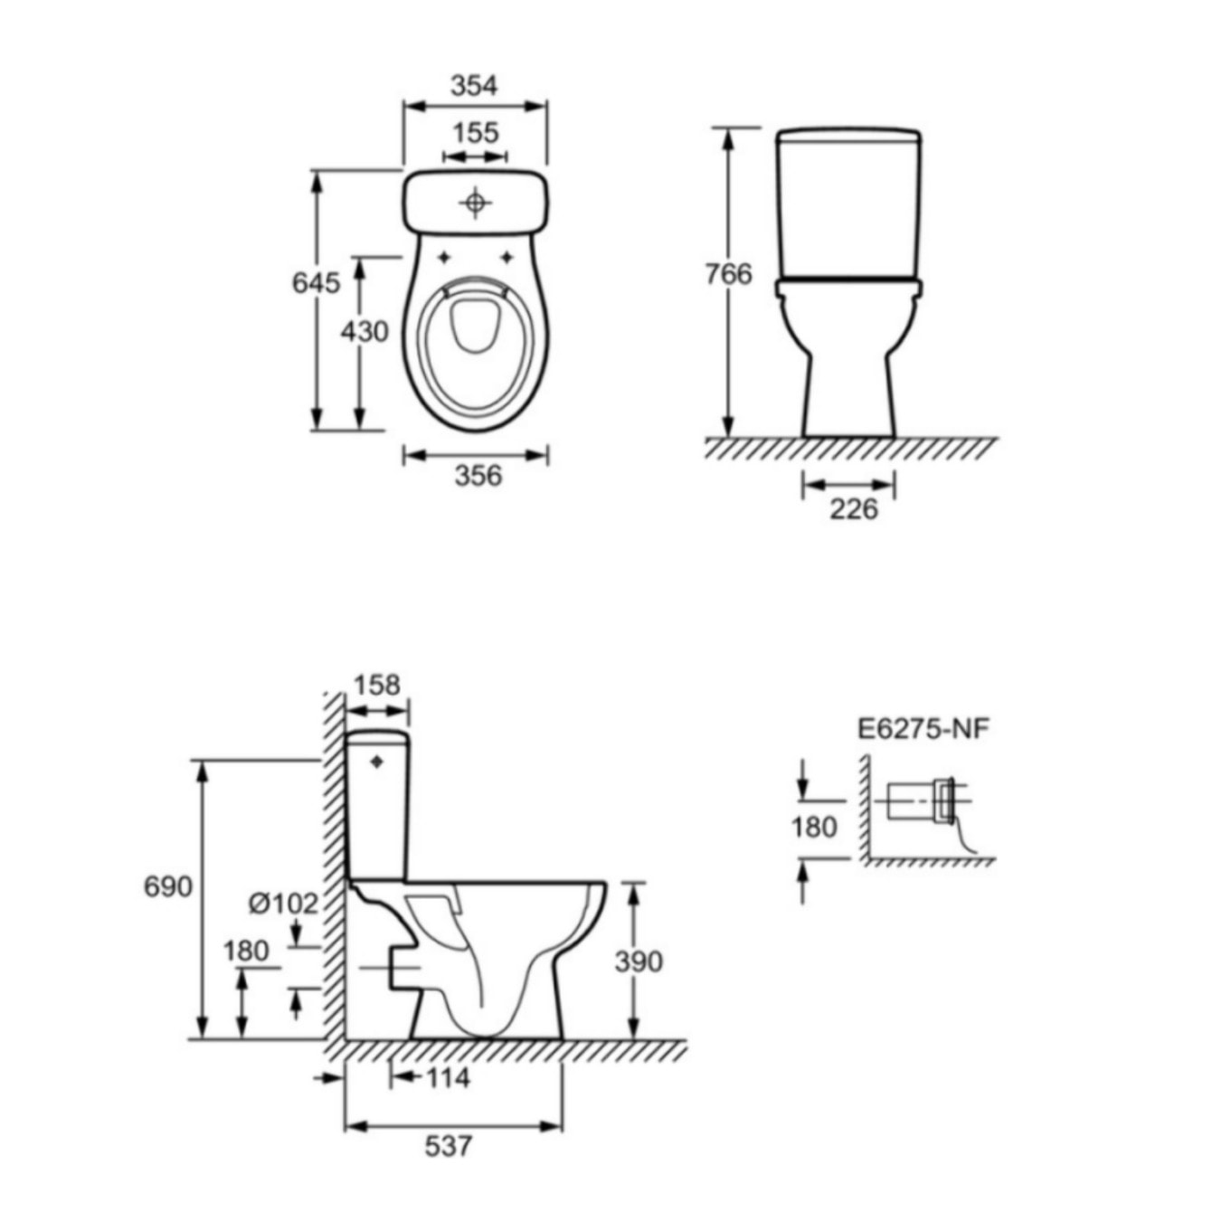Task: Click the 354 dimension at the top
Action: (x=474, y=85)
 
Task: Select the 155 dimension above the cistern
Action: (x=475, y=132)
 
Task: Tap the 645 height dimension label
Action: (x=316, y=282)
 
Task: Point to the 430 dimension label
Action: (x=365, y=332)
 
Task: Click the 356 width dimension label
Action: (x=477, y=475)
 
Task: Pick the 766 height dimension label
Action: (x=728, y=273)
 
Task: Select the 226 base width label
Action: (x=853, y=508)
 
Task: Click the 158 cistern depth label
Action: (x=376, y=685)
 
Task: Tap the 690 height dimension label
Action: (x=168, y=886)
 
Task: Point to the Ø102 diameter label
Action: (x=283, y=904)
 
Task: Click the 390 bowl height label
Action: (x=639, y=961)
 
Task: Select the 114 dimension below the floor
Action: (x=448, y=1077)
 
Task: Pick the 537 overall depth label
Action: (x=449, y=1146)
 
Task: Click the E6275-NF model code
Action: (x=923, y=728)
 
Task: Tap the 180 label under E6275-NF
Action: (x=813, y=827)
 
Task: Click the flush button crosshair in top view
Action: (x=475, y=203)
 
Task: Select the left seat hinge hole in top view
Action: (x=444, y=258)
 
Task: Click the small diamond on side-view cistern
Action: (x=377, y=762)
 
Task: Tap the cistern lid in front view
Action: (x=848, y=136)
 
